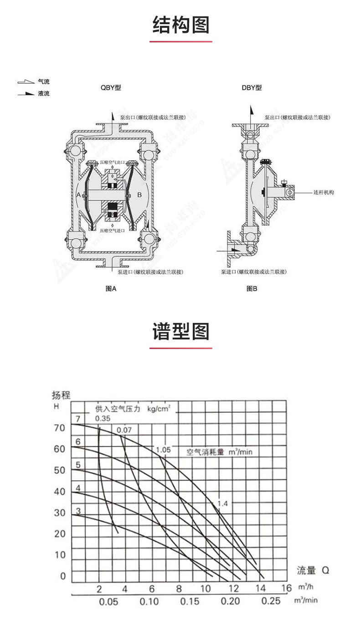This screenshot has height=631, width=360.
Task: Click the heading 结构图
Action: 180,25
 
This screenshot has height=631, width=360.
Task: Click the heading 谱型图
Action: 180,332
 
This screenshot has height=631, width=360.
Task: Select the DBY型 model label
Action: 252,87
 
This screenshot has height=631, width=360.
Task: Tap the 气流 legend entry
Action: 43,82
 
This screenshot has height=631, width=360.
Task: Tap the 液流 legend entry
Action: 43,93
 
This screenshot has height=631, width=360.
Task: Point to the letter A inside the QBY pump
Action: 78,195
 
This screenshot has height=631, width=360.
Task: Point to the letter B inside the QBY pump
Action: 139,195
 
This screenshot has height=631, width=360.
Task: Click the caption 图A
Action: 111,288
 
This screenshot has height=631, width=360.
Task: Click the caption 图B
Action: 252,288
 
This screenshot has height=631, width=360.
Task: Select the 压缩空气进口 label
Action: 113,231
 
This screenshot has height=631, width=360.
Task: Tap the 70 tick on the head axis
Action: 60,428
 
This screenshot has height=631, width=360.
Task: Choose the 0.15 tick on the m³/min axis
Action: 190,601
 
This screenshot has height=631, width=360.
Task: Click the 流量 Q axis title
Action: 313,570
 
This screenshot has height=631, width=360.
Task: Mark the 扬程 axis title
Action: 61,395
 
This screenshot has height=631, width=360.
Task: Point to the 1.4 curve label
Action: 222,503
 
